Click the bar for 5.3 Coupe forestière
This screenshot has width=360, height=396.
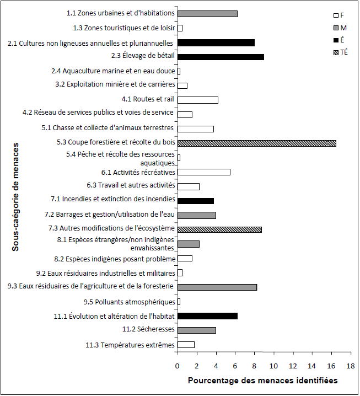click(256, 143)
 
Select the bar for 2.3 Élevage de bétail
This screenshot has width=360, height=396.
click(221, 57)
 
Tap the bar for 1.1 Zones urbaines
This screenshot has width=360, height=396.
click(207, 13)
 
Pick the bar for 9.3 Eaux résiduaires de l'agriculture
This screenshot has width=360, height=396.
click(217, 287)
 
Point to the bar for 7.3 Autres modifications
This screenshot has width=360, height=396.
click(219, 229)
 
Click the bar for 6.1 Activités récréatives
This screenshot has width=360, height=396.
click(203, 172)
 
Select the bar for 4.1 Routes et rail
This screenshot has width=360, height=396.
click(197, 100)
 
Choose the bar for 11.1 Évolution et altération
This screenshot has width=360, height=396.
click(207, 316)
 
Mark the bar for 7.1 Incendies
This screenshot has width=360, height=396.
click(195, 201)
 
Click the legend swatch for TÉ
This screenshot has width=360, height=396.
click(330, 52)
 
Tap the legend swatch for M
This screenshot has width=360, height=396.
click(330, 28)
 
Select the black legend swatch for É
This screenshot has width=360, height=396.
click(330, 40)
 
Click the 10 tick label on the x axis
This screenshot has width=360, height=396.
click(273, 366)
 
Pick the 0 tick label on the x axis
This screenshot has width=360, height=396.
click(178, 366)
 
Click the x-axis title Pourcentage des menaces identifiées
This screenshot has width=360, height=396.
click(262, 381)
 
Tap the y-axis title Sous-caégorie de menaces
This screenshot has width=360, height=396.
click(15, 197)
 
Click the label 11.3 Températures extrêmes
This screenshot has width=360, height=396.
click(130, 345)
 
